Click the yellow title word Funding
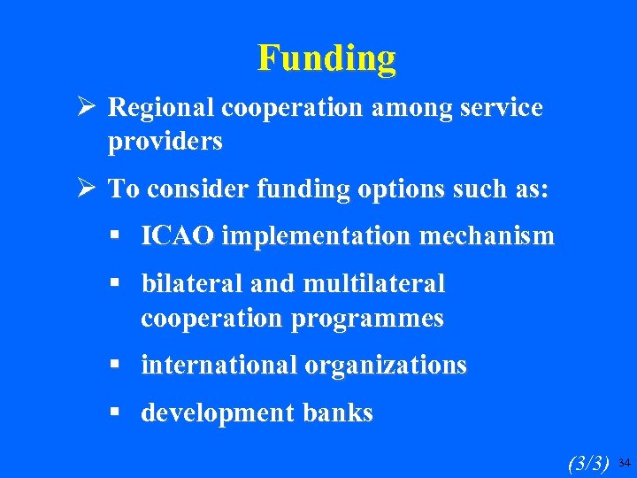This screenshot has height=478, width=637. [x=326, y=58]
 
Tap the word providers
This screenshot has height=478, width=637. [x=165, y=141]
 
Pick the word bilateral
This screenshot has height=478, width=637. [x=192, y=284]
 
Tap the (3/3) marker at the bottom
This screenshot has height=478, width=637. [x=587, y=462]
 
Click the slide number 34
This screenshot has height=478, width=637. [x=624, y=462]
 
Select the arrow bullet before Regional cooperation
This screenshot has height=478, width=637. [x=88, y=108]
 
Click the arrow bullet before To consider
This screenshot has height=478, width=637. [x=88, y=189]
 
